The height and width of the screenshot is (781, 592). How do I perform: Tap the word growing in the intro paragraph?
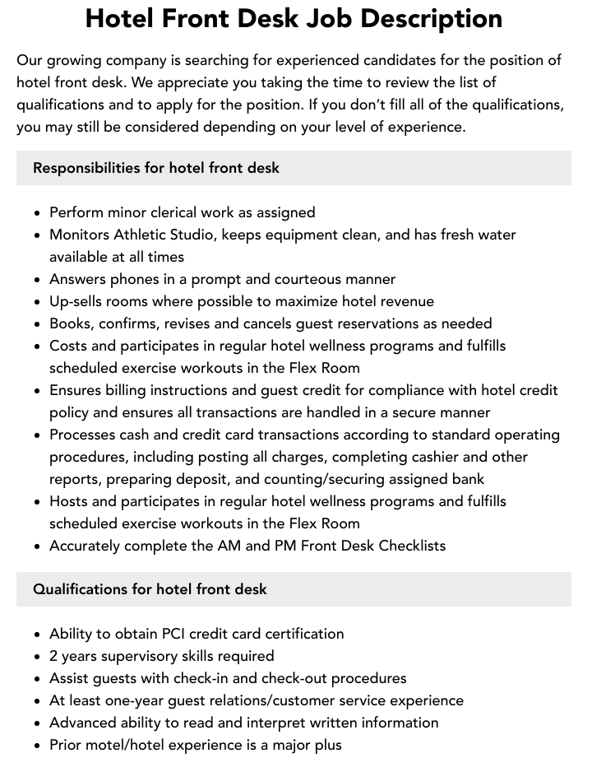pos(74,60)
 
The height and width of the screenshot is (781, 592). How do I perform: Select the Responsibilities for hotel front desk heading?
pos(156,168)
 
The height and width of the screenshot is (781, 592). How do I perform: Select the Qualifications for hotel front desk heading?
pos(150,589)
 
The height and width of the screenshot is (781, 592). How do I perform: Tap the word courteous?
pos(307,279)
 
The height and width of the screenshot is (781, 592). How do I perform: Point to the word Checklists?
pos(412,546)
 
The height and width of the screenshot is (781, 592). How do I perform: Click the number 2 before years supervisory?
pos(54,656)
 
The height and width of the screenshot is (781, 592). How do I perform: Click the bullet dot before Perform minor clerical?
pos(38,213)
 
